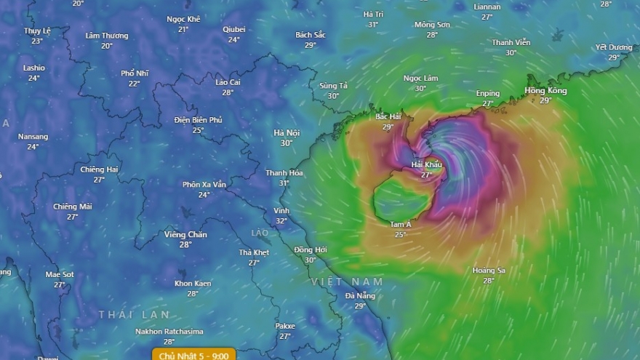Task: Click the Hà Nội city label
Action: pos(287,132)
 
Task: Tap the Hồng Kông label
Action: pos(545,91)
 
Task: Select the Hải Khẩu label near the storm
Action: pos(427,164)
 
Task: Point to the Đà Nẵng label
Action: pos(361,295)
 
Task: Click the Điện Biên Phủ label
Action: pos(198,120)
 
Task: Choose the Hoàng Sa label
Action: pos(489,271)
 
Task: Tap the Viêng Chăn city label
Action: pos(185,234)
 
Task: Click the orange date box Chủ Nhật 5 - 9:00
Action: pos(194,355)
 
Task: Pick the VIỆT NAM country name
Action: pos(347,281)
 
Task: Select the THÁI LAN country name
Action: pos(135,314)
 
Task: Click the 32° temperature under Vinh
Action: pos(281,221)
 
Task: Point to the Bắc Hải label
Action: pos(388,116)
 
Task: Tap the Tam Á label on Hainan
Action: pos(401,225)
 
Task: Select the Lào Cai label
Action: pos(228,82)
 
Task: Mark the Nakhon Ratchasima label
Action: pos(169,332)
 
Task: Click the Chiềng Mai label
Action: pos(73,207)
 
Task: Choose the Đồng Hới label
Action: pos(311,249)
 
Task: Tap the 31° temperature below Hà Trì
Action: pos(373,24)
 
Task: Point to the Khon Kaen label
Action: pos(193,284)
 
